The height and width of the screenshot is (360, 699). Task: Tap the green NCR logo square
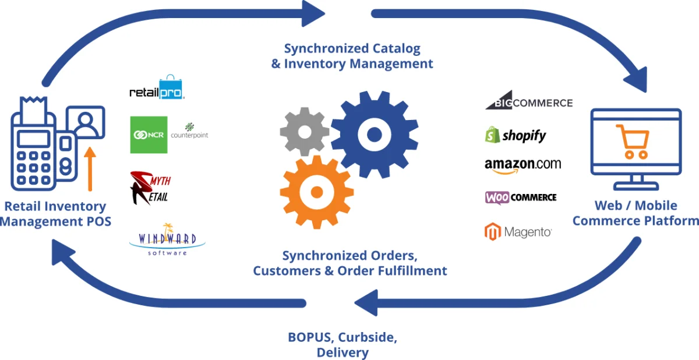[149, 135]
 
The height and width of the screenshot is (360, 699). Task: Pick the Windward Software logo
[167, 240]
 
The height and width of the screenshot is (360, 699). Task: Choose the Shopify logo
[516, 136]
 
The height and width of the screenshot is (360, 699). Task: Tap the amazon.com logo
[523, 165]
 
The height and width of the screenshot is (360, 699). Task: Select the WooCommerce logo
[520, 197]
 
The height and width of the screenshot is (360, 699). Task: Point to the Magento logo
[518, 232]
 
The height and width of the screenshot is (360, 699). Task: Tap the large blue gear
[374, 135]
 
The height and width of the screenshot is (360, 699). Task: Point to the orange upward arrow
[90, 169]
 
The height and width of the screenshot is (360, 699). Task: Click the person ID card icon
[86, 122]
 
